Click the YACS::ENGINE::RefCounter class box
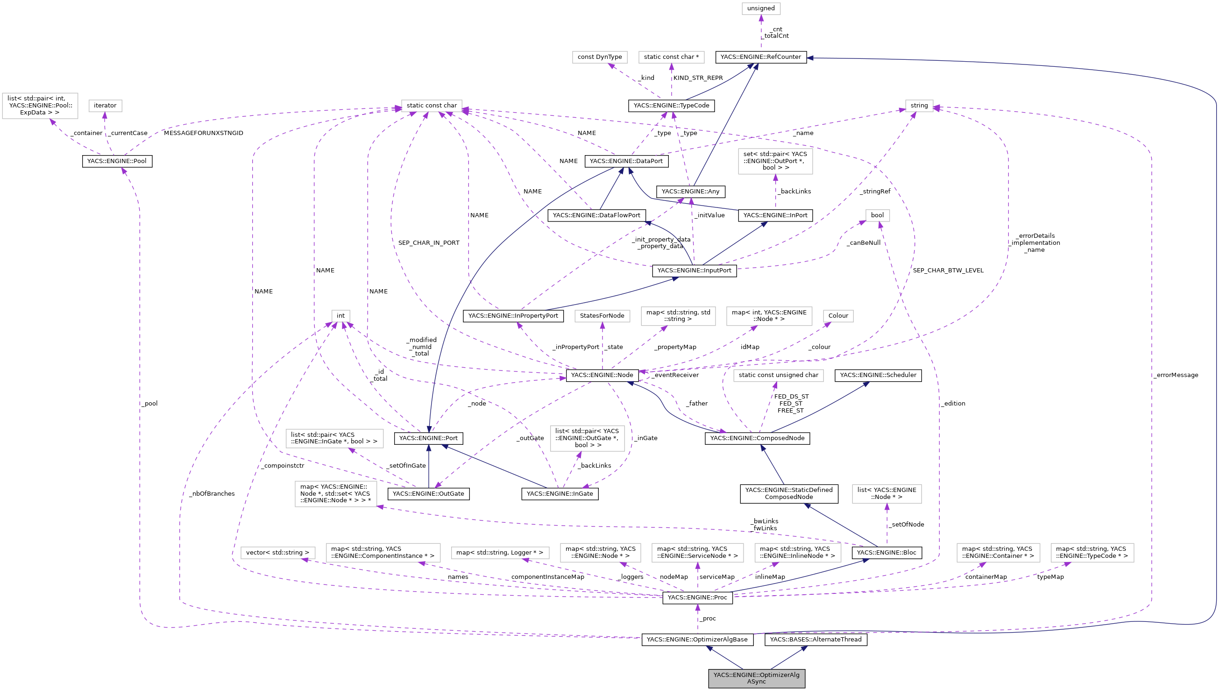[760, 57]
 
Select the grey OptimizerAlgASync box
[756, 678]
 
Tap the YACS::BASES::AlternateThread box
[815, 639]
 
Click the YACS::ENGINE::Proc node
[697, 597]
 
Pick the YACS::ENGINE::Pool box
[117, 161]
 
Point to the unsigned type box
[760, 8]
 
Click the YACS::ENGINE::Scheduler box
[878, 375]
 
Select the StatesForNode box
[602, 316]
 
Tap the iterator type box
[105, 106]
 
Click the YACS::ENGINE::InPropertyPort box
[513, 316]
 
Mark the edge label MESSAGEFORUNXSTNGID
[204, 133]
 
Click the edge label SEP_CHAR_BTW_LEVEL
[948, 271]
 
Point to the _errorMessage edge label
[1176, 375]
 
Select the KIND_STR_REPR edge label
[698, 78]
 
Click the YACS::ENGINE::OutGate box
[428, 493]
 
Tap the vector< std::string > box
[277, 552]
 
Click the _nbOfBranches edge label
[212, 493]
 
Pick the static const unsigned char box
[778, 375]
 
